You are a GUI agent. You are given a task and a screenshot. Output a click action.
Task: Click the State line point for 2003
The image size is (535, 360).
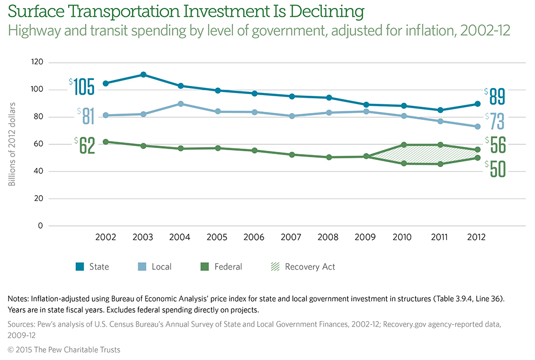[x=143, y=75]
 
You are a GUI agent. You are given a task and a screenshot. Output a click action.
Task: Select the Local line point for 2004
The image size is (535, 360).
[x=180, y=104]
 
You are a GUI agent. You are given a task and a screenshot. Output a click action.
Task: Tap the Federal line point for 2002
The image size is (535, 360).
[x=106, y=142]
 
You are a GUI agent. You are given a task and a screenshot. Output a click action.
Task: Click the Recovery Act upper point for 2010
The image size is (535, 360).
[x=404, y=145]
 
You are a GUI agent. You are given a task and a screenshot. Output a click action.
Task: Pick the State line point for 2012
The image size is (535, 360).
[x=478, y=104]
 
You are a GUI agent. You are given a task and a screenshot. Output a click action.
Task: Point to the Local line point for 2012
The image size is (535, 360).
[x=478, y=126]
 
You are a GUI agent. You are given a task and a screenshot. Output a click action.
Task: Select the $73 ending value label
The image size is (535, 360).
[x=495, y=121]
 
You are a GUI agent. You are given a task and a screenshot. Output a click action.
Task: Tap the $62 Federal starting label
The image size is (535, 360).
[x=85, y=145]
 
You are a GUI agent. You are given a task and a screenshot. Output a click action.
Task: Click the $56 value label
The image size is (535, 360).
[x=495, y=145]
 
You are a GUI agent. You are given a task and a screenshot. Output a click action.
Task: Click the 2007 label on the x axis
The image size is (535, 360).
[x=292, y=237]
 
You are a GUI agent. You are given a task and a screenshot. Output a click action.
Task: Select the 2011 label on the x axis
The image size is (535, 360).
[x=440, y=237]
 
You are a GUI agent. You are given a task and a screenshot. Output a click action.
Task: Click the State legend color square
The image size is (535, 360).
[x=79, y=266]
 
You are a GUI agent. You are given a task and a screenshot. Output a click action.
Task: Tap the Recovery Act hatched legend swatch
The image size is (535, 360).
[x=275, y=266]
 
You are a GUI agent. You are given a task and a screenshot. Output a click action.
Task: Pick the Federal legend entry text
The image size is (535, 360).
[x=228, y=266]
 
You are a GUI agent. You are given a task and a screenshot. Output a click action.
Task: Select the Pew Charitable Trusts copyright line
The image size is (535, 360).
[x=63, y=350]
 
